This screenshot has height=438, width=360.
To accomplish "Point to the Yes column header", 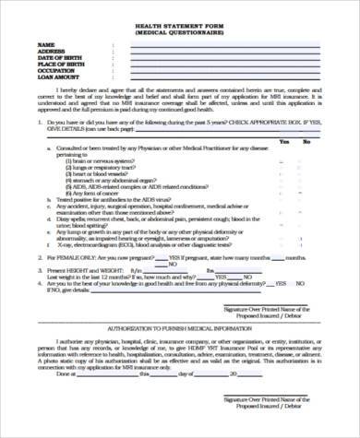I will click(283, 141).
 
